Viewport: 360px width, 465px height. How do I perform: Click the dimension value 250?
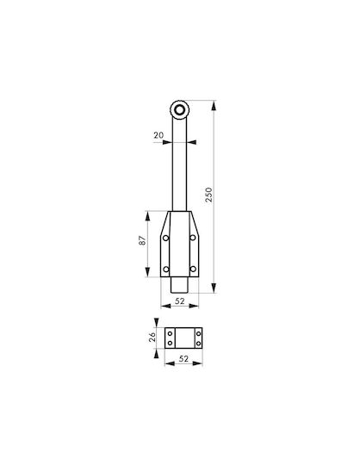209,195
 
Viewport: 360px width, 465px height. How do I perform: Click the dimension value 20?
158,135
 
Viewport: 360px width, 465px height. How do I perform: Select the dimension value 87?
143,240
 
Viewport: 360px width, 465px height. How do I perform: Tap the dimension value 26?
152,337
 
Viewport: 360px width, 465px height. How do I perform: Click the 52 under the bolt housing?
180,301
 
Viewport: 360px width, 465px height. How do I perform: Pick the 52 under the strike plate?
183,358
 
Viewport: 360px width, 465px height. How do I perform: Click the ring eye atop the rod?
179,110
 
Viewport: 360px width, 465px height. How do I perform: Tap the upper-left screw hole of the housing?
165,238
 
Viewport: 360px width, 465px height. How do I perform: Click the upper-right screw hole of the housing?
193,238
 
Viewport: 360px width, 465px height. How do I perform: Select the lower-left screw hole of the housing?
166,270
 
